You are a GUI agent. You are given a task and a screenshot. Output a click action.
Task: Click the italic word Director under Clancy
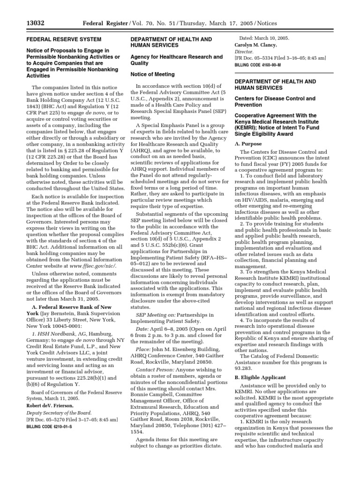[244, 52]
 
